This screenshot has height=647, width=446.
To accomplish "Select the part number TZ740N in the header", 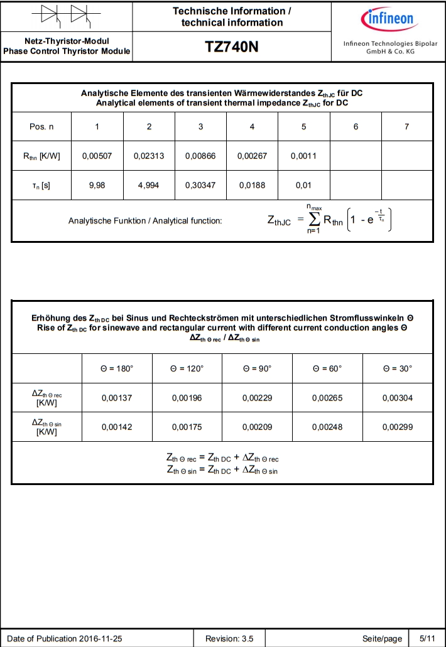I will pyautogui.click(x=232, y=48).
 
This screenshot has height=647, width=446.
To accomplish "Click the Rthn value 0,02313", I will pyautogui.click(x=149, y=156).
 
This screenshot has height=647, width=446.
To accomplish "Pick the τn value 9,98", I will pyautogui.click(x=97, y=186).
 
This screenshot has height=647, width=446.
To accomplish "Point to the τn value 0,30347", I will pyautogui.click(x=200, y=186).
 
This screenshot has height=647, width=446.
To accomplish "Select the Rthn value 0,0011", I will pyautogui.click(x=303, y=156).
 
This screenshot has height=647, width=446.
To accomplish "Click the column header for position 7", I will pyautogui.click(x=407, y=127).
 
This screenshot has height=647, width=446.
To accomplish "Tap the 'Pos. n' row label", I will pyautogui.click(x=41, y=127).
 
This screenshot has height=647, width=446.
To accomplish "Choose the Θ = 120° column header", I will pyautogui.click(x=188, y=368).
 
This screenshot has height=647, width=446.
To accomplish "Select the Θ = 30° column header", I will pyautogui.click(x=398, y=368).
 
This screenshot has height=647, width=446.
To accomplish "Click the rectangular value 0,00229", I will pyautogui.click(x=258, y=398).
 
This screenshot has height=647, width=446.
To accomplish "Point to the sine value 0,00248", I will pyautogui.click(x=328, y=427).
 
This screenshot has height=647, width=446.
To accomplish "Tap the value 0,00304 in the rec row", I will pyautogui.click(x=398, y=398).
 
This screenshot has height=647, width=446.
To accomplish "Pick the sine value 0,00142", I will pyautogui.click(x=117, y=427).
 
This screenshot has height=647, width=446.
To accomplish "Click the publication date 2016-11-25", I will pyautogui.click(x=101, y=639).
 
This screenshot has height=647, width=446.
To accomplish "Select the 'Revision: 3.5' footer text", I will pyautogui.click(x=229, y=639).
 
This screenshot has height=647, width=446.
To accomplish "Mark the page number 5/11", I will pyautogui.click(x=427, y=639).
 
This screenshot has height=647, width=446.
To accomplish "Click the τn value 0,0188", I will pyautogui.click(x=252, y=186).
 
